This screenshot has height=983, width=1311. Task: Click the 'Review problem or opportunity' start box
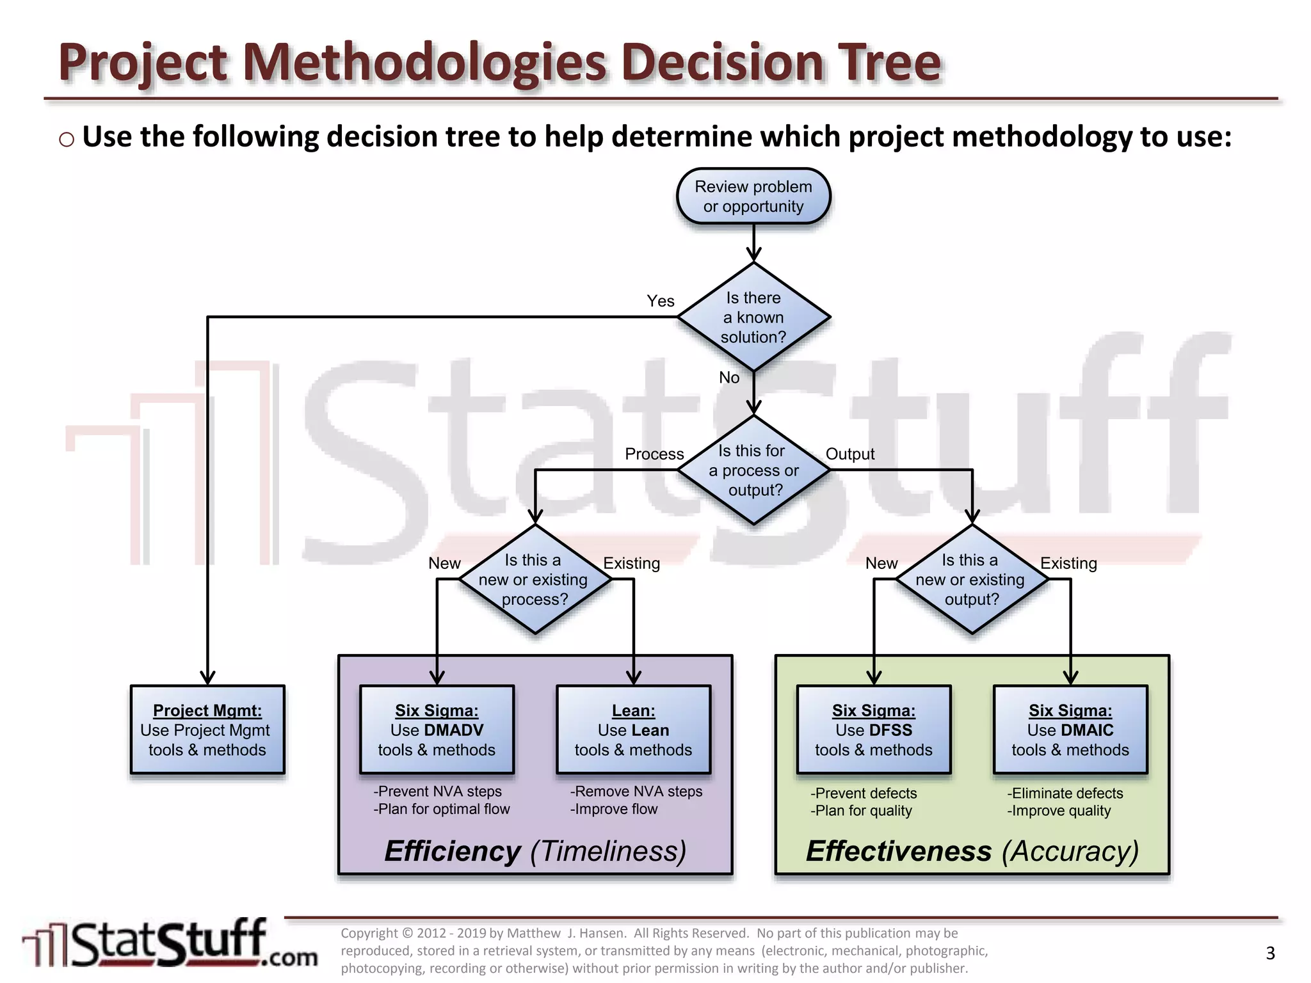point(753,196)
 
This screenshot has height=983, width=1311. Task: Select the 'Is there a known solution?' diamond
point(753,317)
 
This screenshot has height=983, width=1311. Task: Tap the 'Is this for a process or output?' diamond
point(753,470)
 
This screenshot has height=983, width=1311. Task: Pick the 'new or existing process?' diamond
point(535,580)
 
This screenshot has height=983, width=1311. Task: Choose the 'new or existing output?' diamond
point(971,580)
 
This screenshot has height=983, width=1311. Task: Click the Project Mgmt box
point(207,730)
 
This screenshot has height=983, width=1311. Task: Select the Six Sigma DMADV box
point(437,730)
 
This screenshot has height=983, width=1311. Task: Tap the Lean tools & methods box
point(633,730)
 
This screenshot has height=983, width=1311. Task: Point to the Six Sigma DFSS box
point(873,730)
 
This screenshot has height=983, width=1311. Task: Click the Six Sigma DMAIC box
point(1070,730)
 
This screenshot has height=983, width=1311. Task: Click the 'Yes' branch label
point(660,301)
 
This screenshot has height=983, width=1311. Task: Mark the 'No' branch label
point(728,378)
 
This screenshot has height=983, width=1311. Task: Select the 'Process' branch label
point(654,454)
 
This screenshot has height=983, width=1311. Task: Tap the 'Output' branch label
point(849,454)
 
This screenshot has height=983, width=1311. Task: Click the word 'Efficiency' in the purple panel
point(453,851)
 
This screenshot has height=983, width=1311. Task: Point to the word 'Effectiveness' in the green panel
point(898,851)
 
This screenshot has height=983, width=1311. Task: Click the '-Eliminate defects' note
point(1065,793)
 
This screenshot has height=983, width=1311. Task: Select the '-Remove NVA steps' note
point(636,791)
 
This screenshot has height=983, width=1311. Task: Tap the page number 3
point(1270,953)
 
